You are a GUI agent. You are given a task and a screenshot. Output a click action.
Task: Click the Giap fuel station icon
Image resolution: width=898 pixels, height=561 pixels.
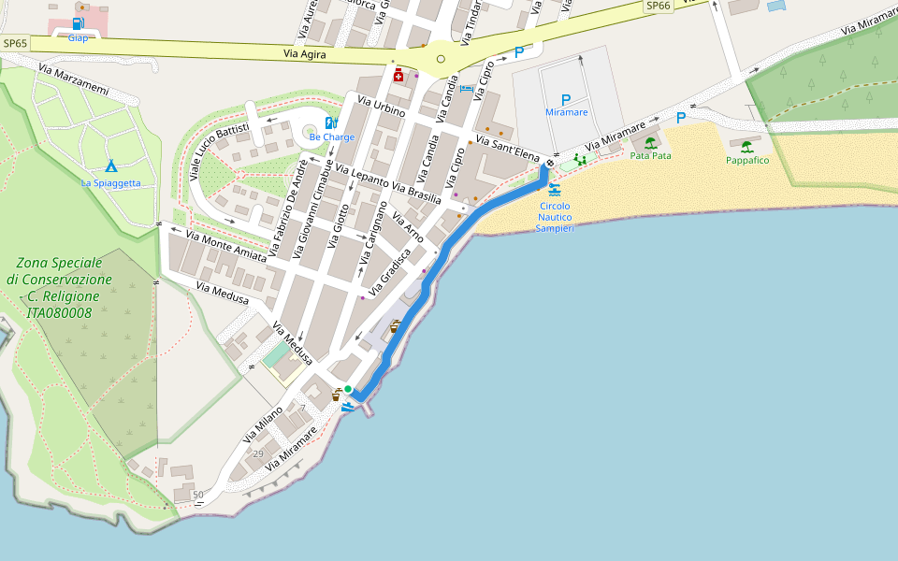click(77, 23)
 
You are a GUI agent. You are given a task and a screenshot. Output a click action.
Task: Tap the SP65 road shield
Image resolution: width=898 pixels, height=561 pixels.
click(15, 43)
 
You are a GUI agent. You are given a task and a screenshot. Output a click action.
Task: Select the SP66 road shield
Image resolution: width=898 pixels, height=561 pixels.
click(659, 6)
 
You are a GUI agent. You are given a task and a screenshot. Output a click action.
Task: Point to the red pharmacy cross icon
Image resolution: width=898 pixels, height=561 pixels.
click(398, 76)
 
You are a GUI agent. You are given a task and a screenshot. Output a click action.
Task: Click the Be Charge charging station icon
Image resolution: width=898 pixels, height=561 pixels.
click(331, 122)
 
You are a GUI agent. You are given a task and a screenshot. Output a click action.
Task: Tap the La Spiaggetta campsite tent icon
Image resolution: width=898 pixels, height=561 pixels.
click(110, 166)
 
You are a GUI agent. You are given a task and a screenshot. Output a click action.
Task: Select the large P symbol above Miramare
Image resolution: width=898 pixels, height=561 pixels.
click(565, 99)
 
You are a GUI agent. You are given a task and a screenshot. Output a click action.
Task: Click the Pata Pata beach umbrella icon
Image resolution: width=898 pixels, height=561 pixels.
click(650, 143)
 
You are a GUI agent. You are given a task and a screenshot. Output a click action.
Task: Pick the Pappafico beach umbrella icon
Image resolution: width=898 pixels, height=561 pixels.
click(746, 147)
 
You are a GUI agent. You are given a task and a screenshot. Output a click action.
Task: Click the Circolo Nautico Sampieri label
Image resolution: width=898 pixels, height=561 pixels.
click(555, 217)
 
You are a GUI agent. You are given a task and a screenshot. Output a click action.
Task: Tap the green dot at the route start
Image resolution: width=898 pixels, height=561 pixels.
click(348, 389)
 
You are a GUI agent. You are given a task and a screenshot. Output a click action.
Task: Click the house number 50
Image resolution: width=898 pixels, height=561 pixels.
click(196, 495)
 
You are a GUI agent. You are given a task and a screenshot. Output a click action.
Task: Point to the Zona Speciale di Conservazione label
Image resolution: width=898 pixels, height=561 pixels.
click(59, 288)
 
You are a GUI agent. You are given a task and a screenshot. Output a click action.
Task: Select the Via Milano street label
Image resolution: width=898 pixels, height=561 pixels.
click(263, 424)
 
